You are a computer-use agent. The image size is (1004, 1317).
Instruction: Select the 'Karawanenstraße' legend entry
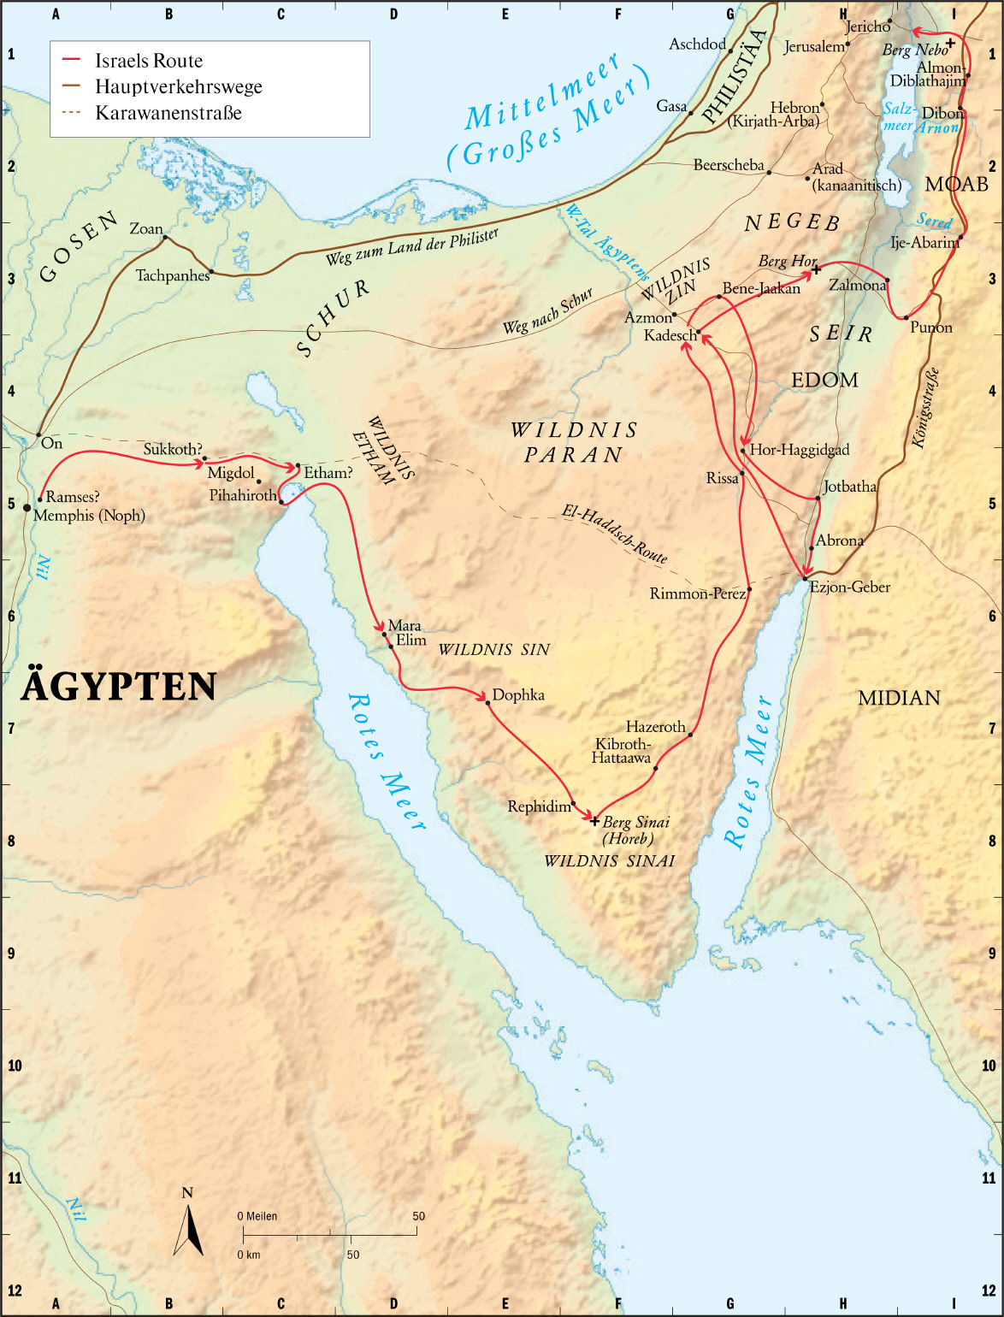168,113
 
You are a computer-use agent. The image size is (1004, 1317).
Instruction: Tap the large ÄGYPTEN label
118,687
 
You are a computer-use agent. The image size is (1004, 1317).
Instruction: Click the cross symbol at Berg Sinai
595,821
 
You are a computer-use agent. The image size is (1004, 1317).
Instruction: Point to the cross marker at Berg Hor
816,270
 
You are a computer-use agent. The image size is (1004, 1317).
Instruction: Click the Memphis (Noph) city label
89,515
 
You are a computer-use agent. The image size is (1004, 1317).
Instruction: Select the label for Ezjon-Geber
850,587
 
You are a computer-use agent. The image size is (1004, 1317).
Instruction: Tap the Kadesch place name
670,335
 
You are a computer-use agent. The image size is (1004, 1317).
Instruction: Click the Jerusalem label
814,47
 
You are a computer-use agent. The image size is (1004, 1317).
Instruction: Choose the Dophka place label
518,695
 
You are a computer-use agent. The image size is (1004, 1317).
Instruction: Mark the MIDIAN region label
899,698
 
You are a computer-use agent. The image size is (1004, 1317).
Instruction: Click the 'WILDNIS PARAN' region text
574,442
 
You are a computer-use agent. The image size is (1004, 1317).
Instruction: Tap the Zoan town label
145,229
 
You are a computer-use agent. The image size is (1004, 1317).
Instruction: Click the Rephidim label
539,806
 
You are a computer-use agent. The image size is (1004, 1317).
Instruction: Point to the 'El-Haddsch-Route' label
614,533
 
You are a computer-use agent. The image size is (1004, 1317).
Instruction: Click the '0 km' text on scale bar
249,1255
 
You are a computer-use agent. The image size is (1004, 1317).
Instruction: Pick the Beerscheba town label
729,165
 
